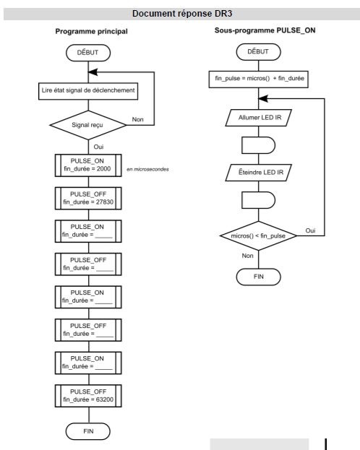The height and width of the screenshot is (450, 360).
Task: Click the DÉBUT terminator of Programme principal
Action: [88, 53]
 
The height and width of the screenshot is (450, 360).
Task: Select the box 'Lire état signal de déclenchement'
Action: [88, 91]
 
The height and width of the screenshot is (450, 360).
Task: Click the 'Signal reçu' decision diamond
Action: [88, 125]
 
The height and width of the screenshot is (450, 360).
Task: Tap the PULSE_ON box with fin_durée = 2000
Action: [88, 165]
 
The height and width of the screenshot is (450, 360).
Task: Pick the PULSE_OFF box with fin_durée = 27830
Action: [88, 199]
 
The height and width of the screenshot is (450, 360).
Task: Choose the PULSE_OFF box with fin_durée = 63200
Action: [88, 396]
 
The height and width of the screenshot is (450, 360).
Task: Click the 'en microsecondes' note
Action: [147, 169]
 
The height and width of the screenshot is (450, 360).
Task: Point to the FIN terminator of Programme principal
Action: [88, 431]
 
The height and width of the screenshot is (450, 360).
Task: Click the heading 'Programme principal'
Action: [91, 32]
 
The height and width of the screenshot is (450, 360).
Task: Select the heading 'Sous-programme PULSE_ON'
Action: [265, 30]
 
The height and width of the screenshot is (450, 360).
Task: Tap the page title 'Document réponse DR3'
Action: [182, 14]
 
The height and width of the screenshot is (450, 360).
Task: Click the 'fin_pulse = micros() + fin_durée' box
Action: [259, 79]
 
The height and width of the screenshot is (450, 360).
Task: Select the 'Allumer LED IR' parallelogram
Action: [259, 118]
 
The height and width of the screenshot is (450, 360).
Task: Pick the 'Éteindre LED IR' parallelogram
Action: [259, 173]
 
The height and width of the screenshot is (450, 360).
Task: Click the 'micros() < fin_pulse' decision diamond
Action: [259, 236]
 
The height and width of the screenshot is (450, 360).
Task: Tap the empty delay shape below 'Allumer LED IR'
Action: [259, 145]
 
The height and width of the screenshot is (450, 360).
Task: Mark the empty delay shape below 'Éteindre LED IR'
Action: [259, 200]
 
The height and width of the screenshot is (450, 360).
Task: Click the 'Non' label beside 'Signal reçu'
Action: [137, 119]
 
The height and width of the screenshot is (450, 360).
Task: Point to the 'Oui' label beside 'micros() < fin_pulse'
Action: [310, 230]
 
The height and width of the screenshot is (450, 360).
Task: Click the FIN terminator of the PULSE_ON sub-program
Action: [258, 277]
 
